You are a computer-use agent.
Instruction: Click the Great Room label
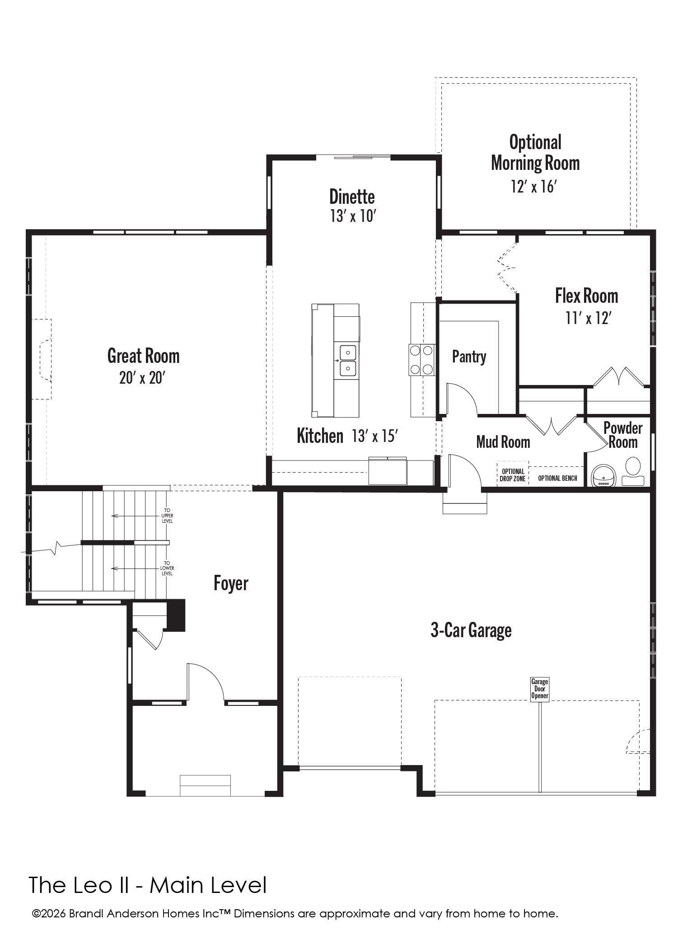143,356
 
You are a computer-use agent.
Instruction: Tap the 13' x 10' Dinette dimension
353,216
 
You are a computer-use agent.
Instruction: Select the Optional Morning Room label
535,153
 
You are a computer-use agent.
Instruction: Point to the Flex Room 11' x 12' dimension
588,319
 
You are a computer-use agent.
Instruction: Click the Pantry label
469,357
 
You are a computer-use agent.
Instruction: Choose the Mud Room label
503,442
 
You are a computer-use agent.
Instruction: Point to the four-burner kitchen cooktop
421,359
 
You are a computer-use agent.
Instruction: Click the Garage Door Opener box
540,689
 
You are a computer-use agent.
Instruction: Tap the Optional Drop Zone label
513,475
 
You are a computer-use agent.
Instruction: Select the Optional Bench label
557,478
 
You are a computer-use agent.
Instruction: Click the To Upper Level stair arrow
135,516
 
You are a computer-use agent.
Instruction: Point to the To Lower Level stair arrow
135,568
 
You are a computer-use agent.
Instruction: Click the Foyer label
231,583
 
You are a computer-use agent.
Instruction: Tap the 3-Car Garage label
471,630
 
